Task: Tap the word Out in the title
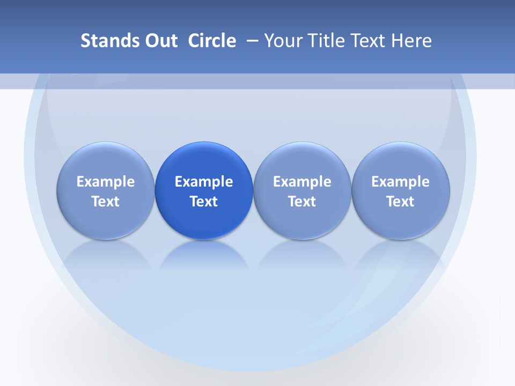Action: [x=160, y=41]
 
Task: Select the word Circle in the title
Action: [x=212, y=41]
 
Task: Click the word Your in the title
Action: [x=283, y=41]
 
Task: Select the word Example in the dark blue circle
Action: [x=204, y=182]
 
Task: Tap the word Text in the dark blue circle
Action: [x=204, y=202]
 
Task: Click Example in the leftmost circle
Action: [x=106, y=182]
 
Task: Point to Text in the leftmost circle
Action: [x=106, y=202]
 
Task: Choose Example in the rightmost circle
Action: [x=401, y=182]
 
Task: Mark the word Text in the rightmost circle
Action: [x=401, y=202]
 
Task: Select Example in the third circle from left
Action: [x=302, y=182]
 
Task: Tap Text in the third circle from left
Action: [x=302, y=202]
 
